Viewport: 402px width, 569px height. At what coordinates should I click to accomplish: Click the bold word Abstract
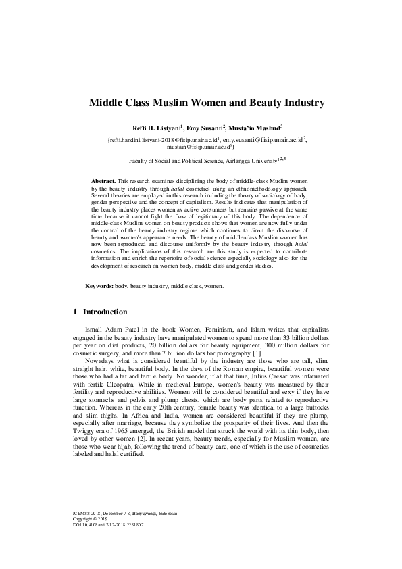click(103, 182)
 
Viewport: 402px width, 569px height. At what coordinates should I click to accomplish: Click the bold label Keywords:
click(99, 287)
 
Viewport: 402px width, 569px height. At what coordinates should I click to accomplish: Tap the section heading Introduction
click(105, 312)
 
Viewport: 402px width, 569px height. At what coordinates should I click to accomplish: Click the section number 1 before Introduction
click(74, 312)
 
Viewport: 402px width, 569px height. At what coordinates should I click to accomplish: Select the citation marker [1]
click(257, 353)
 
